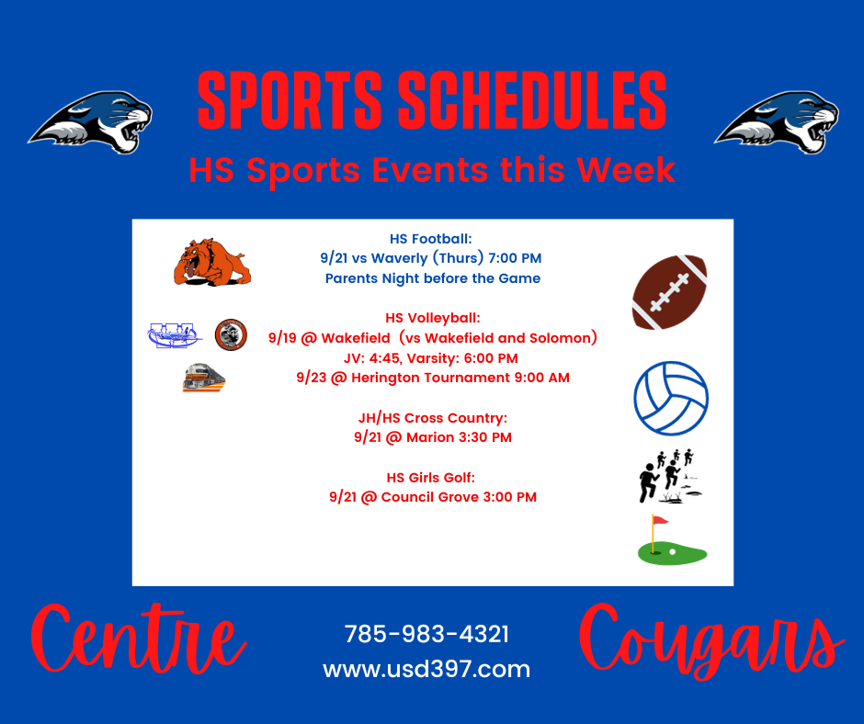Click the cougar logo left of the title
pos(91,122)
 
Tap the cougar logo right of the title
pos(777,122)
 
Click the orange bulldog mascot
pos(212,262)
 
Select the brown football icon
pos(669,292)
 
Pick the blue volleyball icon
pos(671,398)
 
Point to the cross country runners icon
pos(669,476)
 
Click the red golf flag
pos(660,520)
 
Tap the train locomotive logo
pos(204,378)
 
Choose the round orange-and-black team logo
pos(231,334)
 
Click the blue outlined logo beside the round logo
pos(174,335)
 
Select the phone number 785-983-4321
pos(426,634)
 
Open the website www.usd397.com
pos(426,670)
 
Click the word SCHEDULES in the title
pos(532,100)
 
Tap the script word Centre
pos(138,639)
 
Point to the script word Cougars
pos(711,642)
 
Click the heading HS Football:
pos(431,239)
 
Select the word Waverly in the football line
pos(400,258)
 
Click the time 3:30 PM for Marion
pos(485,437)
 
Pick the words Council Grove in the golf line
pos(430,497)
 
